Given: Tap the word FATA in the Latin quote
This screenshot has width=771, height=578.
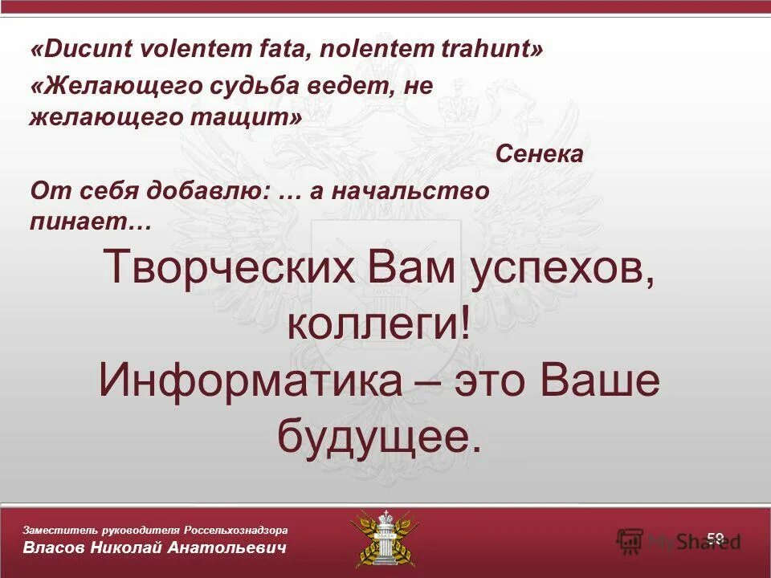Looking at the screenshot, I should (x=280, y=51).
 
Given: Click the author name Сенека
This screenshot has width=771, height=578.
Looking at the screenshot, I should (x=539, y=154).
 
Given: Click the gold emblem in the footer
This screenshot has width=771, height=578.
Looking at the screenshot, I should (x=385, y=538).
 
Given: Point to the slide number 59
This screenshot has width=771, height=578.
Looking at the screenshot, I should (x=716, y=537).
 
